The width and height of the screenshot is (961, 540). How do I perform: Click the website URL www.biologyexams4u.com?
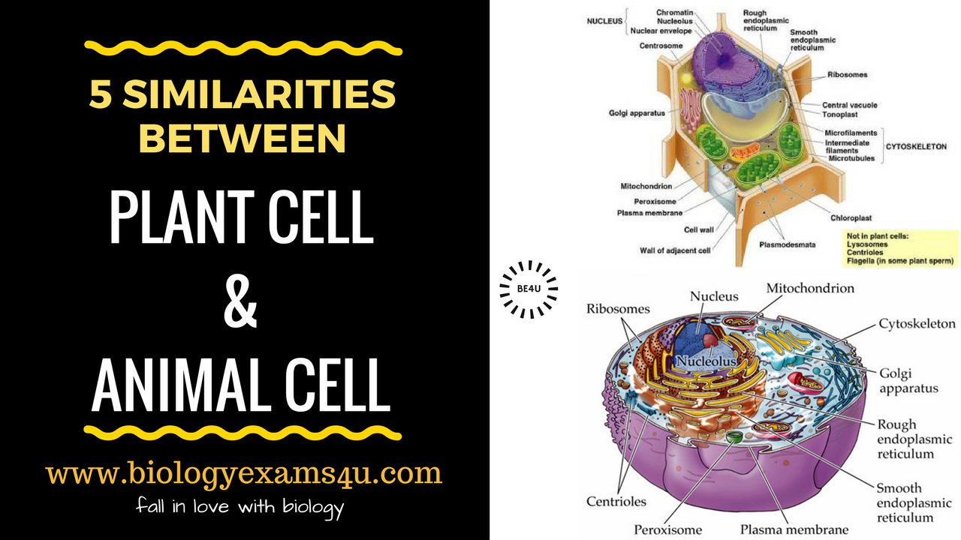click(x=243, y=473)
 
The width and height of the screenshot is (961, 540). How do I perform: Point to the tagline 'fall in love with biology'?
click(x=239, y=507)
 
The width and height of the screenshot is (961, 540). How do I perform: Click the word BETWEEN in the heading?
click(x=243, y=138)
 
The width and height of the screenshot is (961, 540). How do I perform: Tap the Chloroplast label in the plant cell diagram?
click(x=851, y=218)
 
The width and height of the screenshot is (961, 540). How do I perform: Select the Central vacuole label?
click(x=849, y=105)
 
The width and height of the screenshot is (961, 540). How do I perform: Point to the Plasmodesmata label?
click(x=787, y=244)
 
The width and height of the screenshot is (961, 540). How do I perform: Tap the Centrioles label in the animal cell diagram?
click(x=616, y=502)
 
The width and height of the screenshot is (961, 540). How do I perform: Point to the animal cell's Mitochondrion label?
click(x=810, y=288)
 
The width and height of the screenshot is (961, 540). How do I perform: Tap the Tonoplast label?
click(x=839, y=115)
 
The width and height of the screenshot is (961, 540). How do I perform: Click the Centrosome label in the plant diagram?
click(x=661, y=46)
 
